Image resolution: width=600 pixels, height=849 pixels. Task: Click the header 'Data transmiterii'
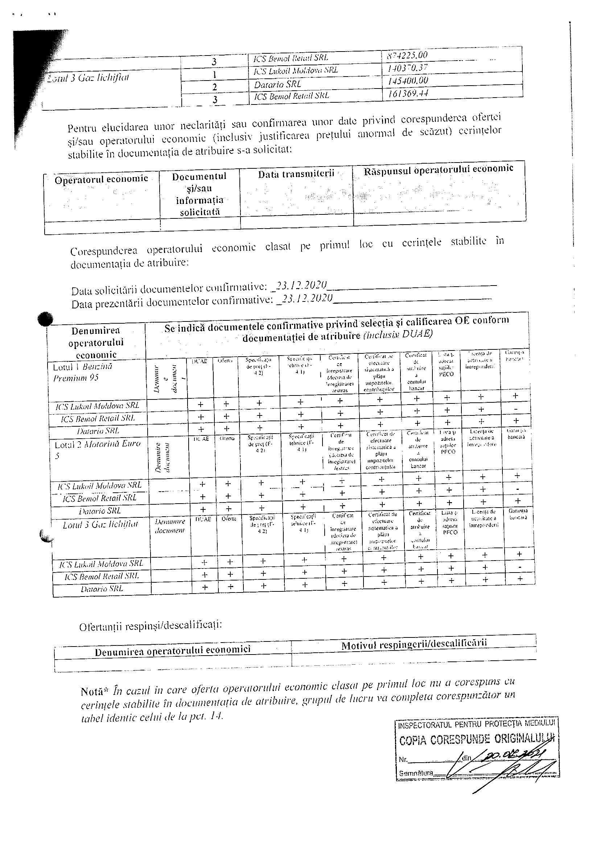(x=296, y=174)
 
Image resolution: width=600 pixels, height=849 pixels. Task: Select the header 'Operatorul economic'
(x=101, y=179)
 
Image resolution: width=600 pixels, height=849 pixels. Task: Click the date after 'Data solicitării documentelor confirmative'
(x=302, y=285)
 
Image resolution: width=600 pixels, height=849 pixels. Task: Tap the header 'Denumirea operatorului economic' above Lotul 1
(x=96, y=343)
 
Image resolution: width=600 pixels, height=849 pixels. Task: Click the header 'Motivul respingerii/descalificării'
(x=414, y=644)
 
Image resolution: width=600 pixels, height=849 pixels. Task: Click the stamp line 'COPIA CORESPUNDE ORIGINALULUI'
(x=477, y=739)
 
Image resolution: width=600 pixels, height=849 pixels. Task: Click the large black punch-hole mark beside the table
(x=45, y=319)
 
